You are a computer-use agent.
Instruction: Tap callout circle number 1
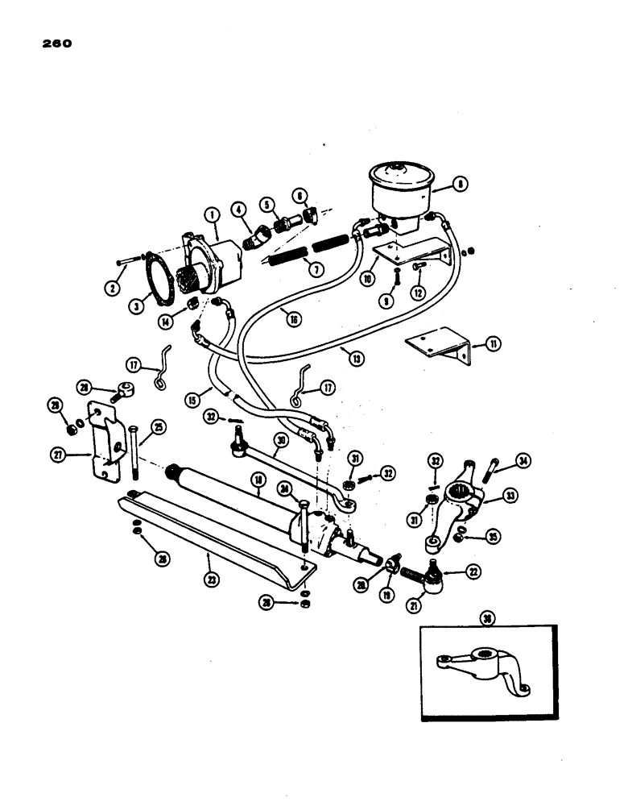pos(211,214)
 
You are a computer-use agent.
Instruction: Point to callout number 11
pos(492,344)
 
